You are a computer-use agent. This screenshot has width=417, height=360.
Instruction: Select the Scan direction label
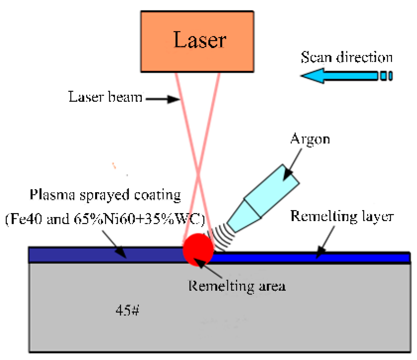[347, 57]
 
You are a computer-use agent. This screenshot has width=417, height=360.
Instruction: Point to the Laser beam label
[105, 97]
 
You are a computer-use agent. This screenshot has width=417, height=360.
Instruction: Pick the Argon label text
[310, 139]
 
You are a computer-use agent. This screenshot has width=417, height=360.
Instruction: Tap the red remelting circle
[198, 249]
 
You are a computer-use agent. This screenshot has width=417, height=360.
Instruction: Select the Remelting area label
[237, 286]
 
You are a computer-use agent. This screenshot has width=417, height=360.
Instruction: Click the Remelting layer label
[342, 216]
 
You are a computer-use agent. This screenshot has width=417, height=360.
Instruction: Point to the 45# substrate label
[127, 311]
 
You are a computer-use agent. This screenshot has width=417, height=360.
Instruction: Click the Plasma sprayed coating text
[105, 195]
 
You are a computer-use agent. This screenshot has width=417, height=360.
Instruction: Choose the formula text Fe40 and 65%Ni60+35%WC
[105, 219]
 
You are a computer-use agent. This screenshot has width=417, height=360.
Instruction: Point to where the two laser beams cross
[198, 176]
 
